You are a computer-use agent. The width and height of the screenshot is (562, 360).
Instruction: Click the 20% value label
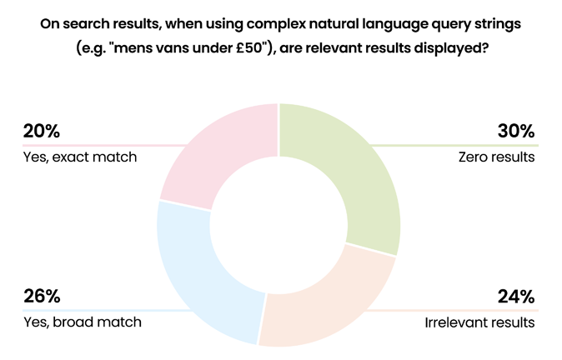click(42, 131)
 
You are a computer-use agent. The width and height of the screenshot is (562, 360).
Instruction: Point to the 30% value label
click(516, 131)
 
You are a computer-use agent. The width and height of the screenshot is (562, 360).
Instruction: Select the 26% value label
click(42, 296)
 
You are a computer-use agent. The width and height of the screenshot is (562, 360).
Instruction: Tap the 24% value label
click(516, 297)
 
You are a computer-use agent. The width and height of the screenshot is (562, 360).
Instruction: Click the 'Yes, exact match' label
click(80, 157)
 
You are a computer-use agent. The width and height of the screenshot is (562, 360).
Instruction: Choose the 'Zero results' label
click(496, 157)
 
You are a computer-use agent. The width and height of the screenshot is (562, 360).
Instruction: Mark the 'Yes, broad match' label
click(83, 322)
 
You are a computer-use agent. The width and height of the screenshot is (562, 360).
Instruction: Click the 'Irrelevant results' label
click(479, 322)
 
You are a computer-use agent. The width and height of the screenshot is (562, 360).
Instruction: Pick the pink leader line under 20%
click(105, 146)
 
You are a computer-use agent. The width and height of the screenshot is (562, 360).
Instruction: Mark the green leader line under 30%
click(454, 146)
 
